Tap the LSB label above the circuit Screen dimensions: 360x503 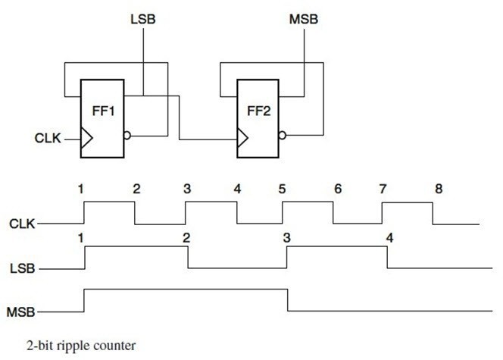(x=143, y=17)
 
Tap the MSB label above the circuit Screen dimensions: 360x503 (x=305, y=17)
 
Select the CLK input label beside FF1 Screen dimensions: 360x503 (x=48, y=139)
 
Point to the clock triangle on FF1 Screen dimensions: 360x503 (x=86, y=139)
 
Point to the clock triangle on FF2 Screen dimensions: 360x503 (x=242, y=139)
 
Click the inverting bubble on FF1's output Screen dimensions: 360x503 (x=127, y=136)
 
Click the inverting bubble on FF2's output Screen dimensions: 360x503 (x=283, y=136)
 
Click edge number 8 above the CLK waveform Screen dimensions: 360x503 (x=439, y=189)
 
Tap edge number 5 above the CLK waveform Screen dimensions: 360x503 (x=282, y=189)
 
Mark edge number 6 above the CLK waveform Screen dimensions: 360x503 (x=337, y=189)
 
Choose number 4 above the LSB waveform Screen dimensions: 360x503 (x=389, y=237)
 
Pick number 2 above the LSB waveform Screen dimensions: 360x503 (x=185, y=237)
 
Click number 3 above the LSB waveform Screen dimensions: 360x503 (x=286, y=237)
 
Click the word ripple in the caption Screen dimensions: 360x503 (x=64, y=345)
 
